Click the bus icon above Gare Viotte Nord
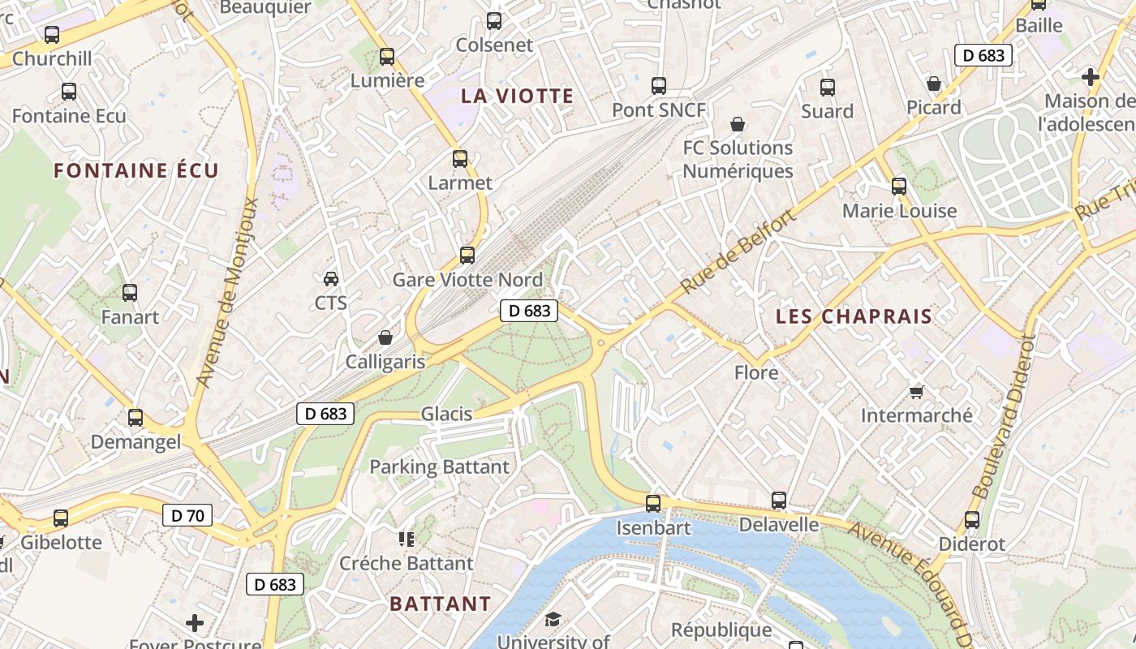pos(467,256)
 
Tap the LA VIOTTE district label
pos(517,96)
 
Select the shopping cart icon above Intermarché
pos(917,392)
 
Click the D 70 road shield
pos(187,515)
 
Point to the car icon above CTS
pos(331,279)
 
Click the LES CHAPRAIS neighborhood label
pos(854,316)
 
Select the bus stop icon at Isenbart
pos(653,503)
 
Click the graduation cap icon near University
pos(553,620)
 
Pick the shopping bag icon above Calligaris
pos(385,337)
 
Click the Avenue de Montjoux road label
pos(228,292)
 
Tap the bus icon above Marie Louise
pos(899,187)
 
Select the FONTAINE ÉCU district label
pos(136,170)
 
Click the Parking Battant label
pos(439,467)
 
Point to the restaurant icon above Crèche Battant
pos(406,539)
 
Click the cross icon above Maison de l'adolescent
pos(1091,77)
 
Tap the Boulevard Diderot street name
pos(1005,418)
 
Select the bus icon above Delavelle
pos(779,501)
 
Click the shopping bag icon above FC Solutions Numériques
pos(738,124)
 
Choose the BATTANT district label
pos(440,604)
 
